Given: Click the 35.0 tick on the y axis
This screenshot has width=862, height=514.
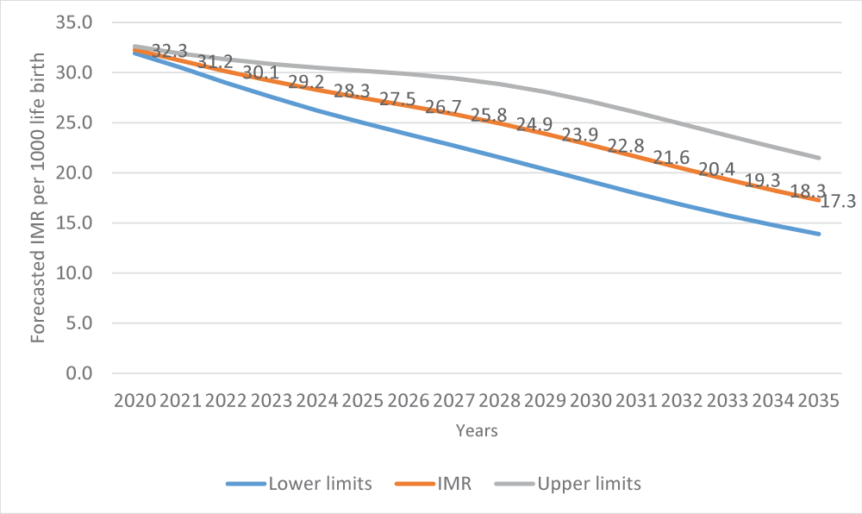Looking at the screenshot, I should [75, 22].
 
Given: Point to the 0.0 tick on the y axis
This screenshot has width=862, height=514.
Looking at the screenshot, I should [78, 373].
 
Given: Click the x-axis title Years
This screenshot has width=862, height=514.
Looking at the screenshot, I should [477, 429].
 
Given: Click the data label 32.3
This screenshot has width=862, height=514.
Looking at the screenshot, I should [169, 52].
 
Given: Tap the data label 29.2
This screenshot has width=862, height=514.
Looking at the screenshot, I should [306, 83].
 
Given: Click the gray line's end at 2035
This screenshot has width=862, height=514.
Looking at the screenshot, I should [818, 158].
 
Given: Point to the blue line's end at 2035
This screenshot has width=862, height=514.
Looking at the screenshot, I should [818, 234].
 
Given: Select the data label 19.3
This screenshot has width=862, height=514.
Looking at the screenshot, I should [762, 181].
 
